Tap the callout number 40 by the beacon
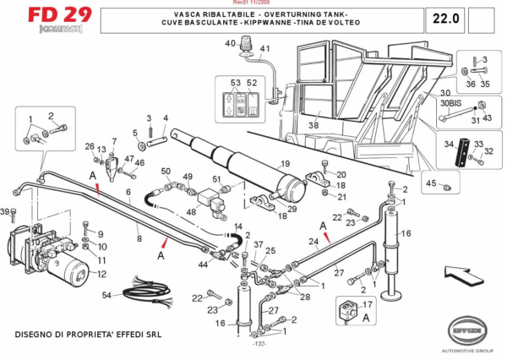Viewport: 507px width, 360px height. (230, 43)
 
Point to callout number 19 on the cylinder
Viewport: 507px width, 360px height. (286, 164)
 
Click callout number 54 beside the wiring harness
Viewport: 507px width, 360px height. (106, 295)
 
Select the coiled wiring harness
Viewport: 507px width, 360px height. (151, 296)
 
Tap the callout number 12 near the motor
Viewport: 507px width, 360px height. (101, 274)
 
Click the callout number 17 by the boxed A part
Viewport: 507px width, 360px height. (367, 305)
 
